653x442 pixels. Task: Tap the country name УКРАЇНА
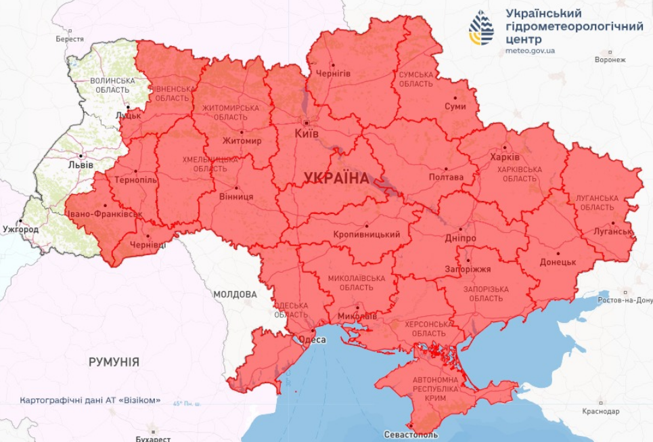(337, 179)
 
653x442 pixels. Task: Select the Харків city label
(505, 157)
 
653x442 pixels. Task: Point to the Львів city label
(81, 165)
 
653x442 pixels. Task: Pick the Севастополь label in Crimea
(411, 434)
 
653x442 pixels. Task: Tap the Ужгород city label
(20, 229)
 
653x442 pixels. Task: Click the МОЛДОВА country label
(235, 294)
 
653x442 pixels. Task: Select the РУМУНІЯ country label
(114, 362)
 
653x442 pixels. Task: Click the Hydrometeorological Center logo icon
(482, 28)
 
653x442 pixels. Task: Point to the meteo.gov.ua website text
(531, 51)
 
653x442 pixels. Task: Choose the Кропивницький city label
(367, 234)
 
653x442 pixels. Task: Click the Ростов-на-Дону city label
(626, 300)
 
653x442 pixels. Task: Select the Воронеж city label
(610, 60)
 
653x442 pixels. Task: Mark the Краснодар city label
(600, 411)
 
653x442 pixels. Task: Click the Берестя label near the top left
(70, 39)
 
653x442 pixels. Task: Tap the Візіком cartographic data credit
(90, 400)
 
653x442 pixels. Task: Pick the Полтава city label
(447, 177)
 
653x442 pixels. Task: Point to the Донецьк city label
(558, 261)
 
